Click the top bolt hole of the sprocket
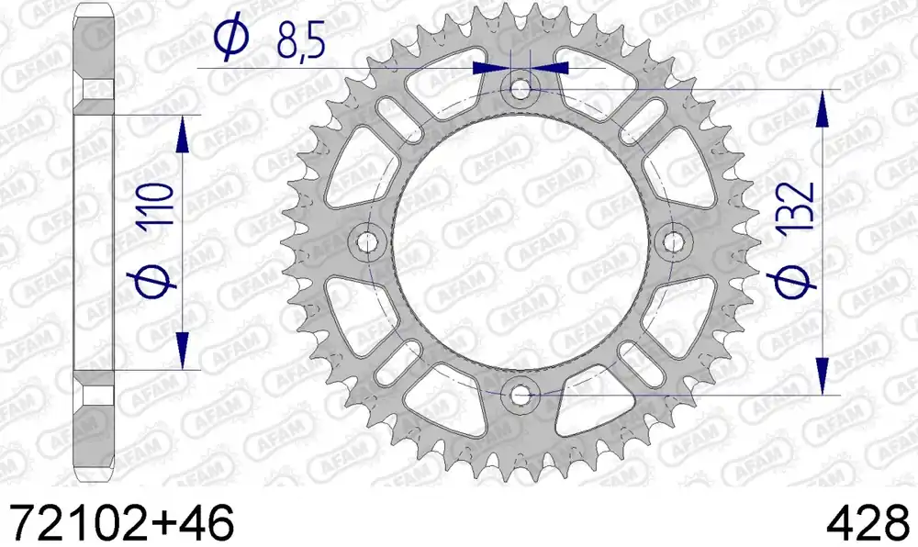[520, 90]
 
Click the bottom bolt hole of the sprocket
[520, 396]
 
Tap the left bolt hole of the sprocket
[367, 241]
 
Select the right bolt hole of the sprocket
[673, 241]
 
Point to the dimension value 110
[158, 205]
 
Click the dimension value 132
[797, 206]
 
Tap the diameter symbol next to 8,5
[230, 38]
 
